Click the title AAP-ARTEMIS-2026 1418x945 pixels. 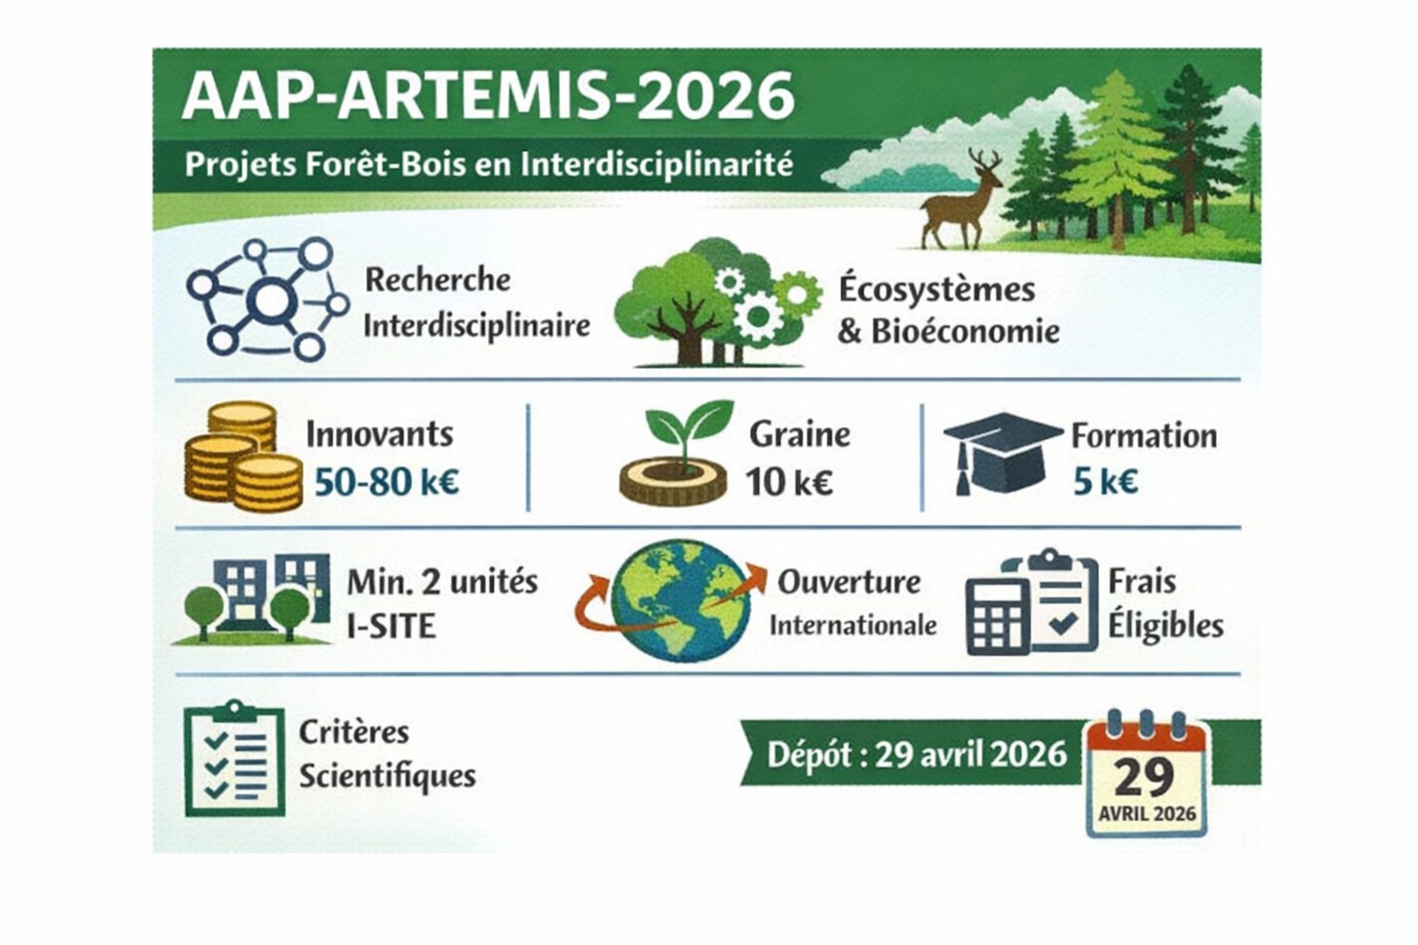[487, 95]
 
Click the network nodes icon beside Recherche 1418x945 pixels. [268, 299]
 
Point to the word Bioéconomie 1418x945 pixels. [965, 331]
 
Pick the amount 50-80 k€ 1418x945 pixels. [387, 482]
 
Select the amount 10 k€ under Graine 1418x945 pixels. [789, 482]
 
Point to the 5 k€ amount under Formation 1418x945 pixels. [1105, 482]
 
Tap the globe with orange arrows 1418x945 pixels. [681, 601]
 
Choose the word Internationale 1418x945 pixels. [853, 626]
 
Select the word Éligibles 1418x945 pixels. [1166, 626]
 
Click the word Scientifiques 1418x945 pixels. [387, 776]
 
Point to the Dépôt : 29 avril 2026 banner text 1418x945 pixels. [917, 755]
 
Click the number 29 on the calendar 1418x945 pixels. [1145, 777]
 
